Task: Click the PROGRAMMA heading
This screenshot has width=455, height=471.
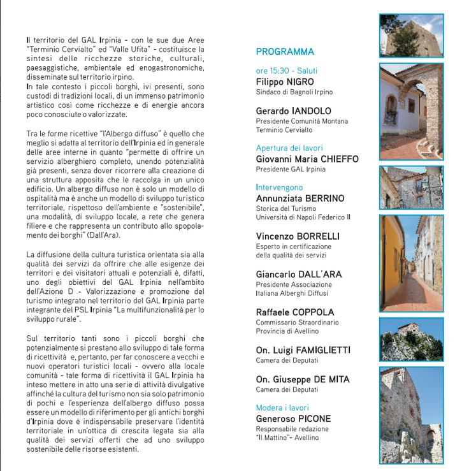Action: click(x=285, y=52)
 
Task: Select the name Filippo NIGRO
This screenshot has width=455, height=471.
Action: click(x=285, y=82)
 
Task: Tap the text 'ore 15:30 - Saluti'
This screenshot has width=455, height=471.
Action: click(x=286, y=71)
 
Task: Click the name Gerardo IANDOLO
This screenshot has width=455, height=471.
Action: click(x=293, y=111)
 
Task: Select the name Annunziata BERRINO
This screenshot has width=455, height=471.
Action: click(x=300, y=198)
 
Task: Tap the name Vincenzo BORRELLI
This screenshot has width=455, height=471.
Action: click(x=298, y=236)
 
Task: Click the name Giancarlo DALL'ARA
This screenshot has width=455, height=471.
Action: click(x=299, y=275)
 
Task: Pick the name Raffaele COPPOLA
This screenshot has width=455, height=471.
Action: click(x=294, y=312)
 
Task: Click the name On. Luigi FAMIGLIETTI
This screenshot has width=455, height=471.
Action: click(x=303, y=351)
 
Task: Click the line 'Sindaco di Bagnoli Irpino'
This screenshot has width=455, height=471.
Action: click(x=294, y=92)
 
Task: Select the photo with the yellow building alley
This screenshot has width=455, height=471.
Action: click(x=410, y=263)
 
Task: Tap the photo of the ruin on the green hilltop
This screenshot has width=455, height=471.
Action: click(x=410, y=338)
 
